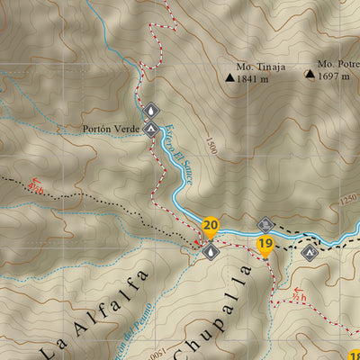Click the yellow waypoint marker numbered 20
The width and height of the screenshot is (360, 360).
click(x=211, y=226)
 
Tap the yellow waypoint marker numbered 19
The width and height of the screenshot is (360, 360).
click(x=265, y=244)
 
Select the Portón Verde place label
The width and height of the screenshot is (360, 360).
click(x=110, y=129)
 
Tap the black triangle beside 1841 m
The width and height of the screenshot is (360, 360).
click(x=230, y=78)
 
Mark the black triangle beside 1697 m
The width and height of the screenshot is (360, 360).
click(x=310, y=76)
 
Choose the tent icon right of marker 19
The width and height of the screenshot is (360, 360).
click(x=310, y=252)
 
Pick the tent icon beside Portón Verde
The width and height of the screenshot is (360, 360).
click(x=150, y=129)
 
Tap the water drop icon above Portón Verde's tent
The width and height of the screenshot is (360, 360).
click(x=150, y=111)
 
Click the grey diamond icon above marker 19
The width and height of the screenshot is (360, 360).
click(x=265, y=224)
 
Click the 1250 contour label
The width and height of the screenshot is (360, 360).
click(x=349, y=202)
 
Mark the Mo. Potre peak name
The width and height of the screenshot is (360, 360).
click(x=337, y=65)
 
